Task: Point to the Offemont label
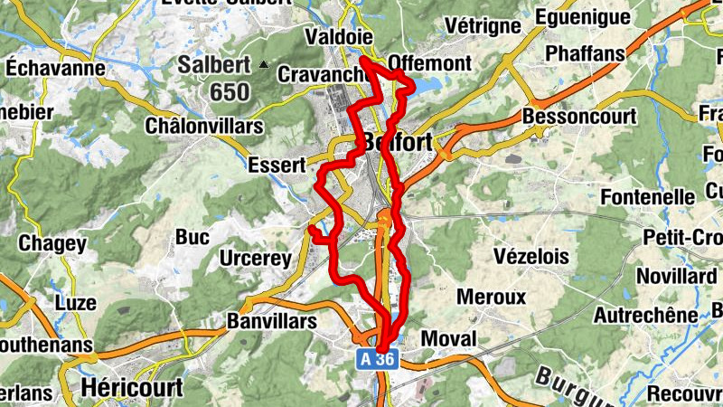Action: click(x=430, y=62)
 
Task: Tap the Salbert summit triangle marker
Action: click(x=263, y=64)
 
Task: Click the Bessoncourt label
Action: click(x=579, y=117)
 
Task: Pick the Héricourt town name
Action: click(x=132, y=387)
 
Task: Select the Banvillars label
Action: click(x=271, y=321)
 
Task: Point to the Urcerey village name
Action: click(x=256, y=260)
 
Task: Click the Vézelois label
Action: click(x=532, y=257)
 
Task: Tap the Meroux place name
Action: click(x=492, y=297)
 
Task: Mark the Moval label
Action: click(x=449, y=337)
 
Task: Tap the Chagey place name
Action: click(x=52, y=243)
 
